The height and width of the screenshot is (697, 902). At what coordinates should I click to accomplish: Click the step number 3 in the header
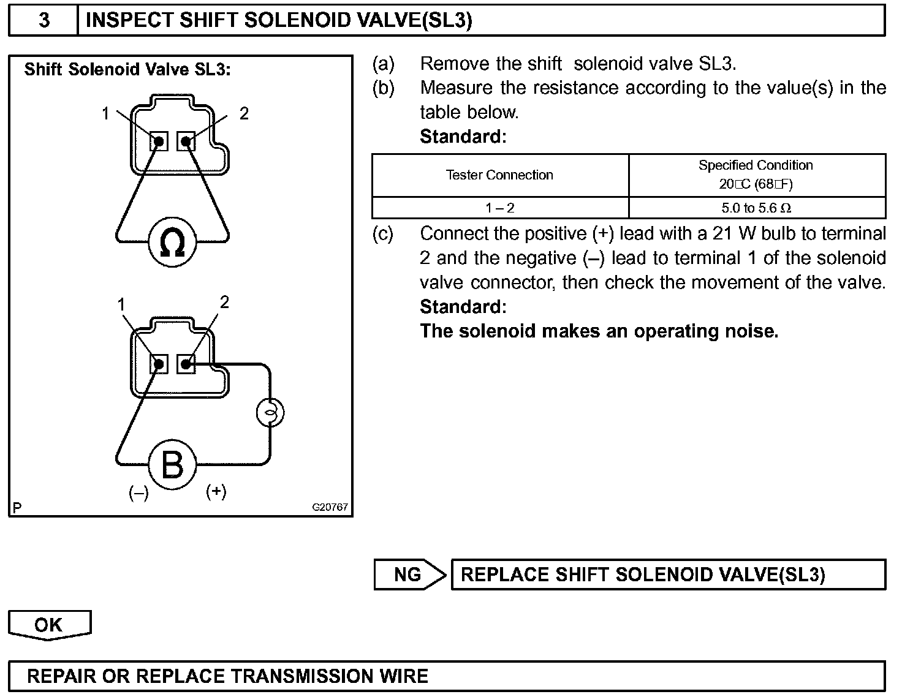click(44, 20)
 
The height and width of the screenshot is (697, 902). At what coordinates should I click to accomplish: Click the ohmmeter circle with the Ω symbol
click(172, 243)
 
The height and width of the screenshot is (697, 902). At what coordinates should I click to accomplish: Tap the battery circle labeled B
click(172, 465)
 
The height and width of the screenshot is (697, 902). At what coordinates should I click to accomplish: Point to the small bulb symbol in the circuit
click(270, 413)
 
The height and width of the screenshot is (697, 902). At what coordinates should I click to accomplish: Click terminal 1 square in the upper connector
click(159, 141)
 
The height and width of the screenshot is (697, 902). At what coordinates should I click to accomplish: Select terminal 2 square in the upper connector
click(186, 141)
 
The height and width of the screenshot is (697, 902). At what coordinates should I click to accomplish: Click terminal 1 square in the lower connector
click(159, 364)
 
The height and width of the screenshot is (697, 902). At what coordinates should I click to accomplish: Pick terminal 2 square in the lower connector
click(186, 364)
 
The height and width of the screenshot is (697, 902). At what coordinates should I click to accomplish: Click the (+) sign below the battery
click(216, 491)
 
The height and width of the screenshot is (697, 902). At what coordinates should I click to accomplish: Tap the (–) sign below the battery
click(138, 493)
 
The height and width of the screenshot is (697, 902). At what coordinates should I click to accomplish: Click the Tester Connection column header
click(499, 175)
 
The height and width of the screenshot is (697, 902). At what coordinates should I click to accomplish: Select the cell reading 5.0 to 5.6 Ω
click(756, 208)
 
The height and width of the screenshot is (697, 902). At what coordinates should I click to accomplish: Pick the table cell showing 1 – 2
click(499, 208)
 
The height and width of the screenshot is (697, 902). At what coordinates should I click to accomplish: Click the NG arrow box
click(408, 575)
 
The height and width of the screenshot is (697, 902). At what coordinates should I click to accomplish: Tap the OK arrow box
click(49, 625)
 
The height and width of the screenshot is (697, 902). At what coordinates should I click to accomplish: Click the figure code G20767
click(330, 507)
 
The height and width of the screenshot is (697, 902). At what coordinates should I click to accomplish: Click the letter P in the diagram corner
click(17, 508)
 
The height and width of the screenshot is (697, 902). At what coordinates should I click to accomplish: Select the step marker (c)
click(383, 233)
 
